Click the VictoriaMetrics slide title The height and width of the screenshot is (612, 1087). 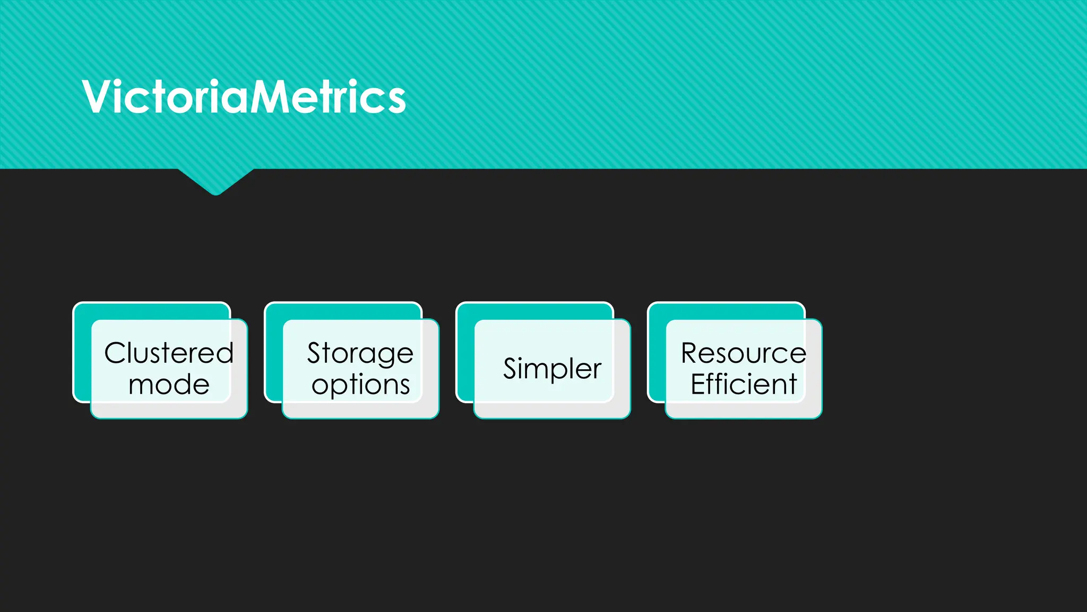coord(244,97)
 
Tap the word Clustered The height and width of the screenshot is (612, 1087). coord(169,353)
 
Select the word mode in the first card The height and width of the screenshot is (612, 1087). coord(169,384)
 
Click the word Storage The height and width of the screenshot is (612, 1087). coord(360,353)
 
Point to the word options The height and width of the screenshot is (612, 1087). coord(360,385)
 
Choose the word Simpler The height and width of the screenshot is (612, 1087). coord(552,369)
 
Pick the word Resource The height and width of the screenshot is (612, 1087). coord(743,353)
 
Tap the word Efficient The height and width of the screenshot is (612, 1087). coord(743,384)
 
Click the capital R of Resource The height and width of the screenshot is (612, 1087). coord(692,353)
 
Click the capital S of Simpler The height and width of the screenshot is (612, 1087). coord(510,369)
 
